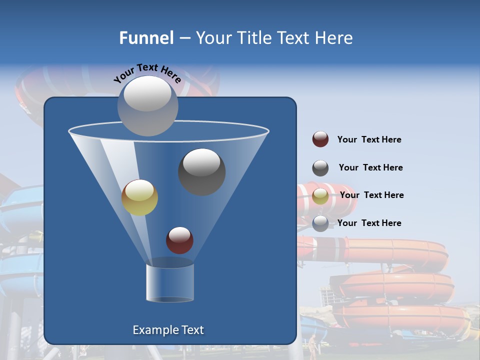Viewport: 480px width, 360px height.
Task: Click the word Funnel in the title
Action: coord(146,38)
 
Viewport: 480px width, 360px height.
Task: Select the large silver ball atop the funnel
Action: coord(148,105)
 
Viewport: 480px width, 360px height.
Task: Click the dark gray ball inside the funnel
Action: coord(201,172)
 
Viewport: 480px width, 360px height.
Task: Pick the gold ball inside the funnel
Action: coord(139,197)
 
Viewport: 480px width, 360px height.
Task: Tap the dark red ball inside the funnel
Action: coord(179,240)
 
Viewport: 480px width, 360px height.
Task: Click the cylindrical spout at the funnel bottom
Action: coord(169,283)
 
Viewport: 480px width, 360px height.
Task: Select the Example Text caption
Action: coord(168,330)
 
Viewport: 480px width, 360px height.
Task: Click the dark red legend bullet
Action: coord(320,139)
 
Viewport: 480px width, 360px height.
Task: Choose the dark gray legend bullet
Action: coord(320,168)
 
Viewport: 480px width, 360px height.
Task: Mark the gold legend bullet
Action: coord(320,196)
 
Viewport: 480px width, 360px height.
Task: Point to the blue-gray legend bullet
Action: coord(320,223)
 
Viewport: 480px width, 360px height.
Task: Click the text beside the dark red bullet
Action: coord(369,139)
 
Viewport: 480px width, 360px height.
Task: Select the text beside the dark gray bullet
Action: coord(370,167)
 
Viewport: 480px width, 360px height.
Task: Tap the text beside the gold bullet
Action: coord(371,195)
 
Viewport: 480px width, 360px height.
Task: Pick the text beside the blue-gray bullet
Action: coord(369,223)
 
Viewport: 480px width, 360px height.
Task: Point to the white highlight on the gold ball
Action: coord(139,190)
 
